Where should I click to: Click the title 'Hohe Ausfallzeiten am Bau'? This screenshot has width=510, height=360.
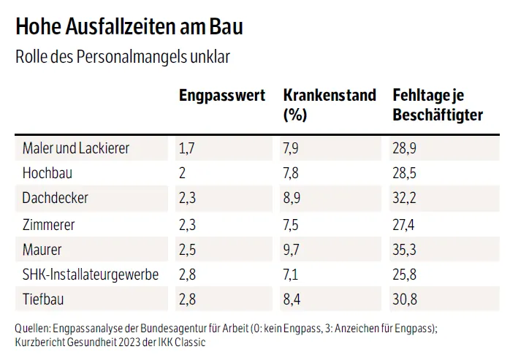[x=129, y=27]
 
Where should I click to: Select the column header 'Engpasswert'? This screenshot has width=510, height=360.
[x=222, y=96]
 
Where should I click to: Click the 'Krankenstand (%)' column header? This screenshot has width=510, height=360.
[x=329, y=104]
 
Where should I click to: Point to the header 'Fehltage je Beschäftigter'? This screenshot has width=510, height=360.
[x=438, y=104]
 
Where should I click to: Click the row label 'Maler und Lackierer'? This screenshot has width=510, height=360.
[x=76, y=148]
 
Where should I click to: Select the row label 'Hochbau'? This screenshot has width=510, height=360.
[x=47, y=173]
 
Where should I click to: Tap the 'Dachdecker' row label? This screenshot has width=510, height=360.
[x=56, y=199]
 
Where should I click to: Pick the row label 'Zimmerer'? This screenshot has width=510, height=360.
[x=49, y=224]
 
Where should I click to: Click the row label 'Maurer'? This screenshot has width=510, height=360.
[x=42, y=250]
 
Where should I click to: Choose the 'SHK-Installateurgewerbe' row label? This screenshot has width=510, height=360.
[x=91, y=275]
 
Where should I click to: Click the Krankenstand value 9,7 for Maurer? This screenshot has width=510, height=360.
[x=292, y=250]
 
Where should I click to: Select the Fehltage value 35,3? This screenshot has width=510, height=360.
[x=405, y=250]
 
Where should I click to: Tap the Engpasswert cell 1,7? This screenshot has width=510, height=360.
[x=187, y=148]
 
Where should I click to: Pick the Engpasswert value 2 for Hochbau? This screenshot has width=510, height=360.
[x=183, y=173]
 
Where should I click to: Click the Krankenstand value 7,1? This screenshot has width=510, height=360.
[x=291, y=275]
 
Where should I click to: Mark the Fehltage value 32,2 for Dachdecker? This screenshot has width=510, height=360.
[x=405, y=199]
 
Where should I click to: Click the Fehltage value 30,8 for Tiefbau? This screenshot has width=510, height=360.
[x=405, y=299]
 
